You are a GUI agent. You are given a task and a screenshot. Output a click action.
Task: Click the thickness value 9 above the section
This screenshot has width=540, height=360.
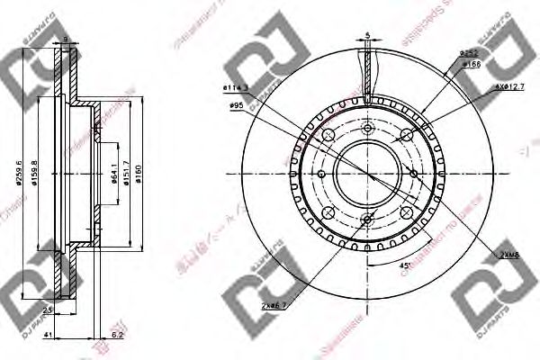pos(67,39)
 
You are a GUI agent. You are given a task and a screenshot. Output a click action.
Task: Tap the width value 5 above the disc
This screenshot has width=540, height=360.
pos(369,36)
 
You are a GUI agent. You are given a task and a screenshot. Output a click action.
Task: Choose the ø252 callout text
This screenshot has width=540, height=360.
pos(468,54)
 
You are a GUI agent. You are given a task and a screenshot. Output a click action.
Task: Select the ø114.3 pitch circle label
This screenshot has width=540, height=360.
pos(236,86)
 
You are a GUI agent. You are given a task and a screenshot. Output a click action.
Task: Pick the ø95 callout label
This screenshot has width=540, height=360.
pos(238,105)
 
